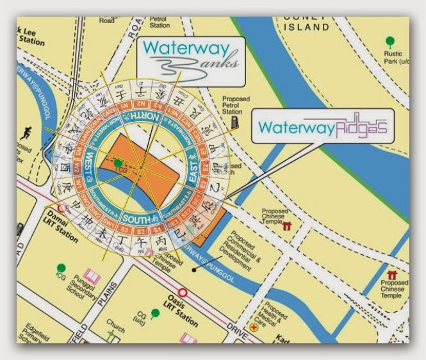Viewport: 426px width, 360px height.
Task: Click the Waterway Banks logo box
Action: [x=190, y=61]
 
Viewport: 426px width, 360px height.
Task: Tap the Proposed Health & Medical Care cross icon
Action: [x=255, y=327]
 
